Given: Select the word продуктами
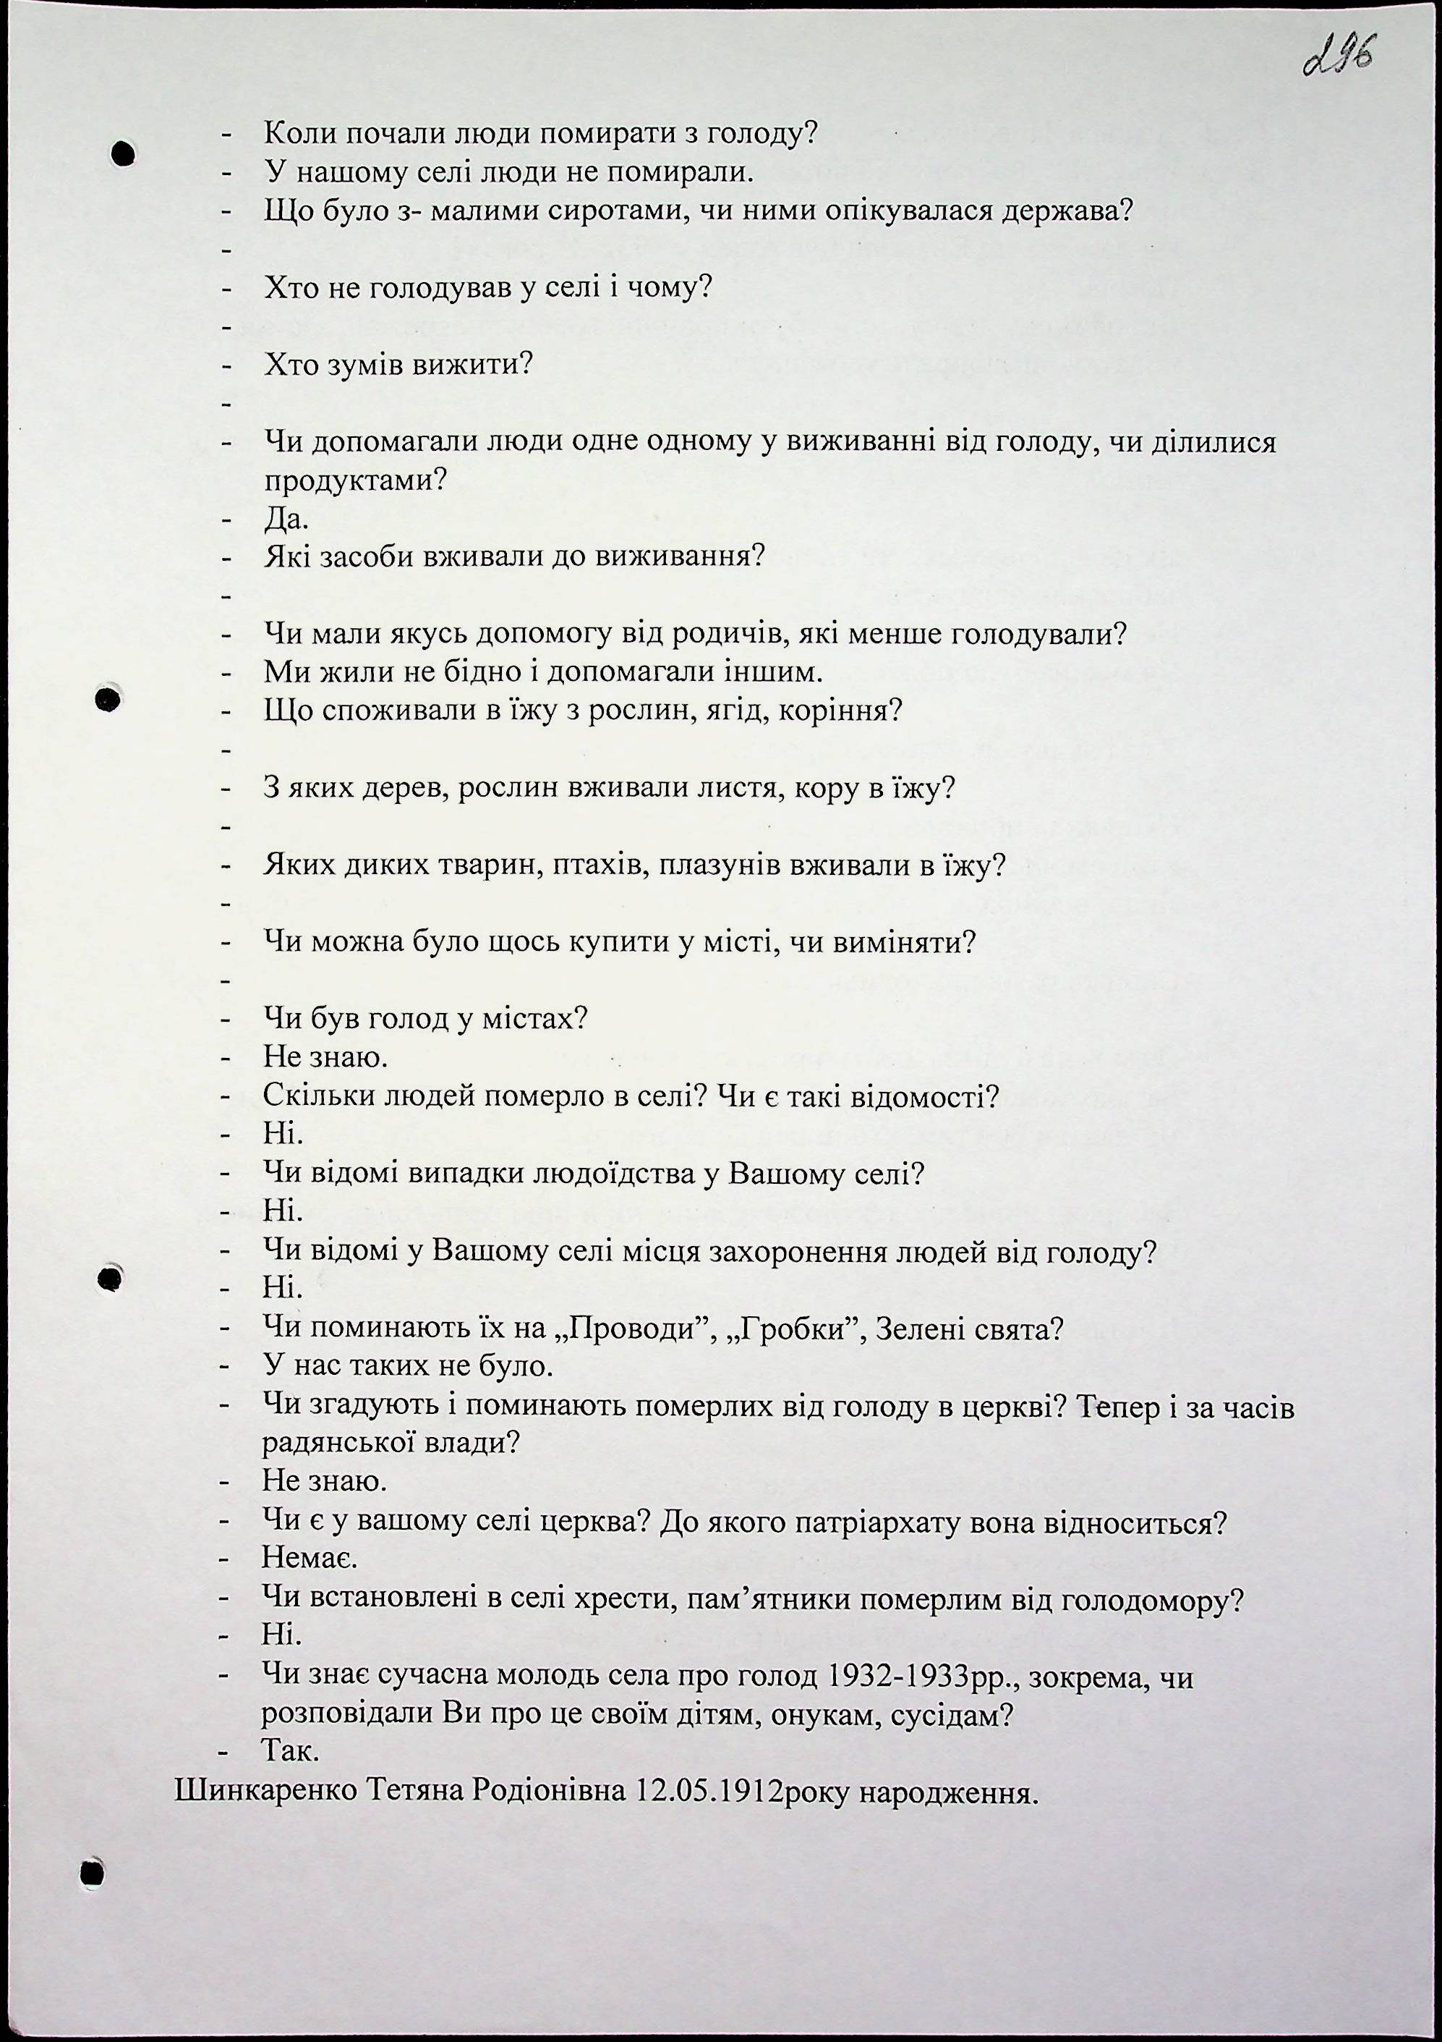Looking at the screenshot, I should tap(354, 481).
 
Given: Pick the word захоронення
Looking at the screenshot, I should tap(826, 1253).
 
